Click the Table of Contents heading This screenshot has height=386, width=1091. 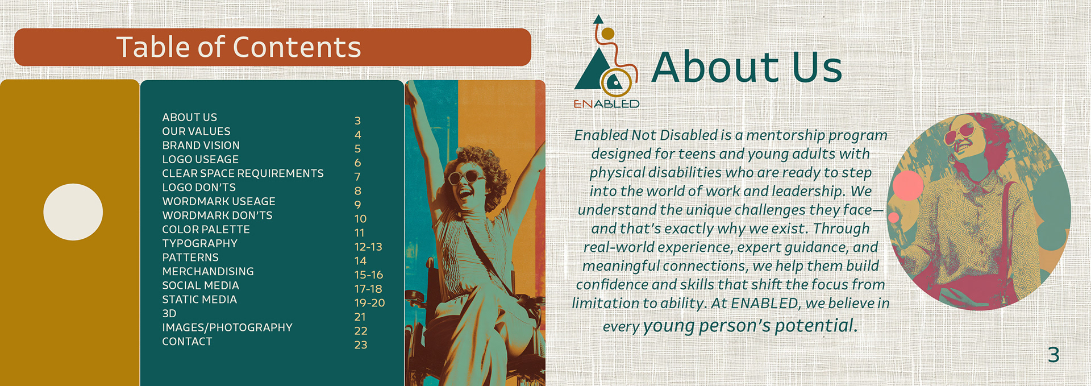239,47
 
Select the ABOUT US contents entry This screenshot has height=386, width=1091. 190,117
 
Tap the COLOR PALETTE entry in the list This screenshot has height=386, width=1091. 206,229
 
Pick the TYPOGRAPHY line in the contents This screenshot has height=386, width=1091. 200,243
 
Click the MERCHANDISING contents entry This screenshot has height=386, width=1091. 208,271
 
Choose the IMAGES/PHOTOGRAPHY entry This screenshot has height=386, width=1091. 227,327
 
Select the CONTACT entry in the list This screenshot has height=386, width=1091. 188,342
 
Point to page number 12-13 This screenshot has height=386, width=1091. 368,247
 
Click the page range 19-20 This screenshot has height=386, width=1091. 369,303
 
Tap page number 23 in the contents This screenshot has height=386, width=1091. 361,345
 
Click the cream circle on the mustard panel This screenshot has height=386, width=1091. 73,212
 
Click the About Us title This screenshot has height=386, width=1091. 747,67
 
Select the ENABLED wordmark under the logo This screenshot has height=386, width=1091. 606,104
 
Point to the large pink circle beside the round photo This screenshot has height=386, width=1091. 908,185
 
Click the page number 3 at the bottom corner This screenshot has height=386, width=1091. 1054,355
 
